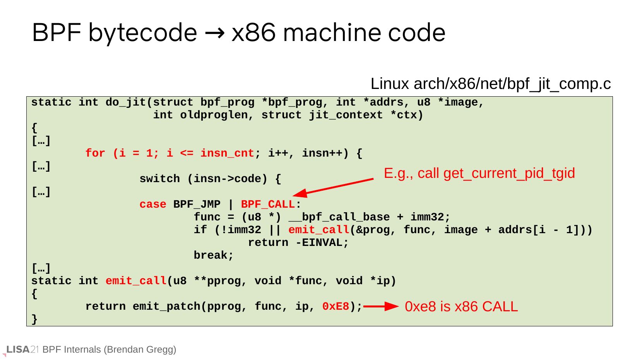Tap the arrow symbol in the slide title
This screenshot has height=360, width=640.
point(214,33)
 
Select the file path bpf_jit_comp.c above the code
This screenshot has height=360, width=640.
point(490,84)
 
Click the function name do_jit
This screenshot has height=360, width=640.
point(126,102)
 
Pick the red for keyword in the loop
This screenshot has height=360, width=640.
point(95,154)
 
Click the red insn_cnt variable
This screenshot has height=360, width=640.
point(227,154)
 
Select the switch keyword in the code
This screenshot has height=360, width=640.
point(159,179)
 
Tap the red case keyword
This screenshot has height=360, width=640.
point(153,205)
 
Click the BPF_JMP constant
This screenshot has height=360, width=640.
point(197,205)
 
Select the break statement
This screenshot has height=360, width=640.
point(214,256)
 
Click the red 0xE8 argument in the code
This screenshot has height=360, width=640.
point(336,307)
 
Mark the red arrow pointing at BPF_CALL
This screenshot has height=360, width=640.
point(333,186)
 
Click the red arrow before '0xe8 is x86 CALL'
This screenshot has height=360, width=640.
point(381,307)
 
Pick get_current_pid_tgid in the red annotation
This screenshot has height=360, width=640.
point(509,173)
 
